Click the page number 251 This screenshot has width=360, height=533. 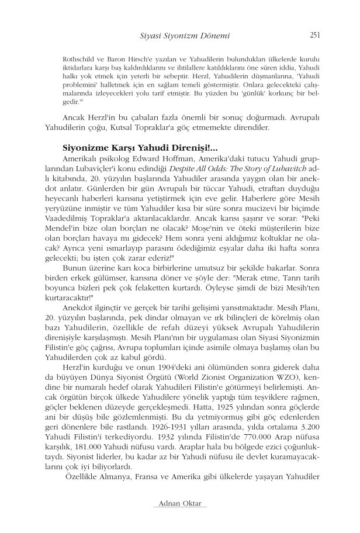314,36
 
